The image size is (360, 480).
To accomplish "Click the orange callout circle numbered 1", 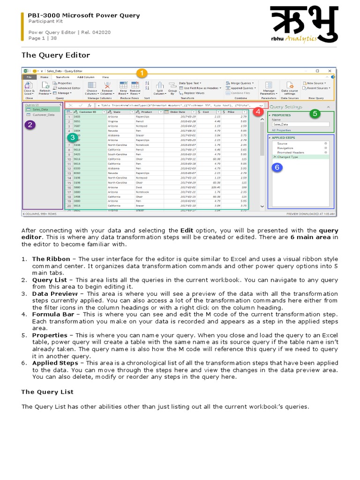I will [141, 73].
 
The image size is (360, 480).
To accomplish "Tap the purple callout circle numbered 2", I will [30, 125].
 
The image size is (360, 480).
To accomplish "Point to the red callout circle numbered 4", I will [257, 112].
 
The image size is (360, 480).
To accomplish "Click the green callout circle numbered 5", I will [315, 113].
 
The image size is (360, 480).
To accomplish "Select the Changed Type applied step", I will [288, 157].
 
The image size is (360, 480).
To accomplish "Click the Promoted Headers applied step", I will [291, 152].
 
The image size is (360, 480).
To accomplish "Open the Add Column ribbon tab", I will [86, 77].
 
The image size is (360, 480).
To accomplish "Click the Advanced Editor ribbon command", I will [68, 88].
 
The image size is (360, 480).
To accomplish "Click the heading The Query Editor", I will [56, 55].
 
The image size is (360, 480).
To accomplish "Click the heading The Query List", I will [47, 391].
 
